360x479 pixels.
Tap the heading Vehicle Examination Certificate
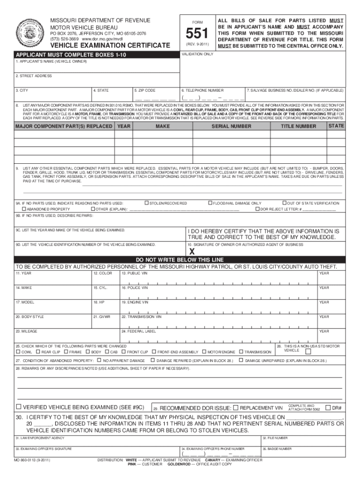110,45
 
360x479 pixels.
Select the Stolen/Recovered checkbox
146,203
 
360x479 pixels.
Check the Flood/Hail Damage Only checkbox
209,203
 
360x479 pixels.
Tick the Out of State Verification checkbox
284,203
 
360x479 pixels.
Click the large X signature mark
191,251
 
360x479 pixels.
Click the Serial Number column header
231,126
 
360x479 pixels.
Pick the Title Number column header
298,126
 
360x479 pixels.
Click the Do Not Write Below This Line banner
180,260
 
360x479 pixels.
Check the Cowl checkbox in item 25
18,351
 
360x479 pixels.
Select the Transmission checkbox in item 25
241,351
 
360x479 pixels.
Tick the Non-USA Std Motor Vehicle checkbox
307,350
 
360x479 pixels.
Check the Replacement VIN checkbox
236,407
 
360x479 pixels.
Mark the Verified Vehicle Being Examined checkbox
19,406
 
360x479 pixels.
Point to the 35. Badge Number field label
277,449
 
